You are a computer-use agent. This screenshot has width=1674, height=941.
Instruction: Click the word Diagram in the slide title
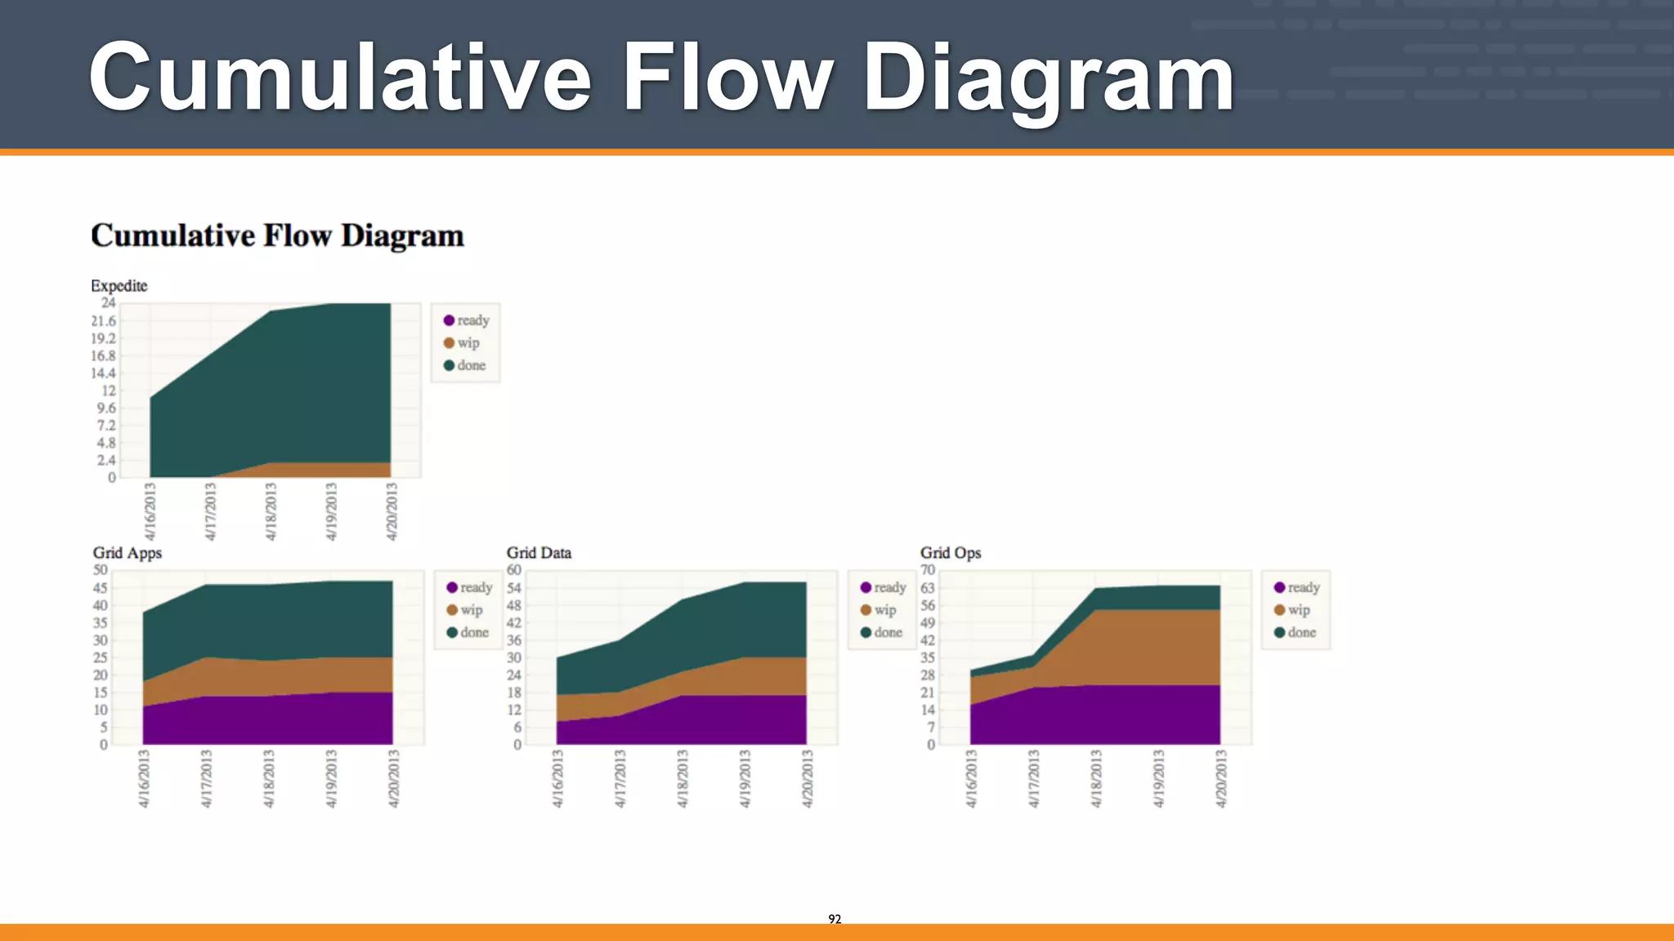click(1048, 78)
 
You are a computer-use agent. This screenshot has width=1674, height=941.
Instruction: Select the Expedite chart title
click(119, 286)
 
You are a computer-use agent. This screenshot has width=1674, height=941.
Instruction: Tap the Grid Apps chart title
click(128, 553)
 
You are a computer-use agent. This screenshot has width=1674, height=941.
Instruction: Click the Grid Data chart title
click(539, 553)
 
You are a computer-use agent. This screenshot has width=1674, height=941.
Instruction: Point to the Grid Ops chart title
click(951, 553)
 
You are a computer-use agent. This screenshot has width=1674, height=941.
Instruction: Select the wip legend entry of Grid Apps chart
click(464, 610)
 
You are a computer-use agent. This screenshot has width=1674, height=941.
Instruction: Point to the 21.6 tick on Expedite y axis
click(104, 321)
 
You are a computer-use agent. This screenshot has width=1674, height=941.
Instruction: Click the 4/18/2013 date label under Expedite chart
click(271, 511)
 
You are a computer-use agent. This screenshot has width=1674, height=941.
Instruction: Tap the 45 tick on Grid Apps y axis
click(100, 588)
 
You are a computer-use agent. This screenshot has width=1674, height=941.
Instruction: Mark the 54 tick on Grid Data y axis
click(513, 588)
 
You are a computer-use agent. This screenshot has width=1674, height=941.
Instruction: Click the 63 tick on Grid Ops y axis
click(927, 588)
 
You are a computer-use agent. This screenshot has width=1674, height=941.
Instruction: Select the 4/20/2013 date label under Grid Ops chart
click(1220, 778)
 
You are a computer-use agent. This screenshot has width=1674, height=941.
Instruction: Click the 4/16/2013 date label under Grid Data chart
click(557, 778)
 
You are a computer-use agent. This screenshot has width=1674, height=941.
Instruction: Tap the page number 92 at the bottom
click(835, 919)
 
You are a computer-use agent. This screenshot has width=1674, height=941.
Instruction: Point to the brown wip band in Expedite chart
click(327, 470)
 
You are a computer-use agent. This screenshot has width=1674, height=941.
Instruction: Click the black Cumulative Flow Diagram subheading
click(277, 236)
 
